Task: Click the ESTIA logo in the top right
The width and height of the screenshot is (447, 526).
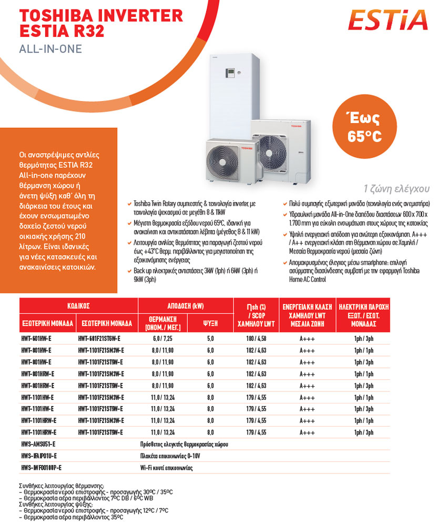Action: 389,20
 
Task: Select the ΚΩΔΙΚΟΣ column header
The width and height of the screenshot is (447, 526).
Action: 78,305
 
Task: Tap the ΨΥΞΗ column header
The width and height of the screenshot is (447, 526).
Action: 210,322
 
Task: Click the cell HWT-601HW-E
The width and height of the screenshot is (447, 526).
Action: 36,338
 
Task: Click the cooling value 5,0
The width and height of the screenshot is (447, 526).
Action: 210,338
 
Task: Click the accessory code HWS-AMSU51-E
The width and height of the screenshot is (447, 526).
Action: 38,444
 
